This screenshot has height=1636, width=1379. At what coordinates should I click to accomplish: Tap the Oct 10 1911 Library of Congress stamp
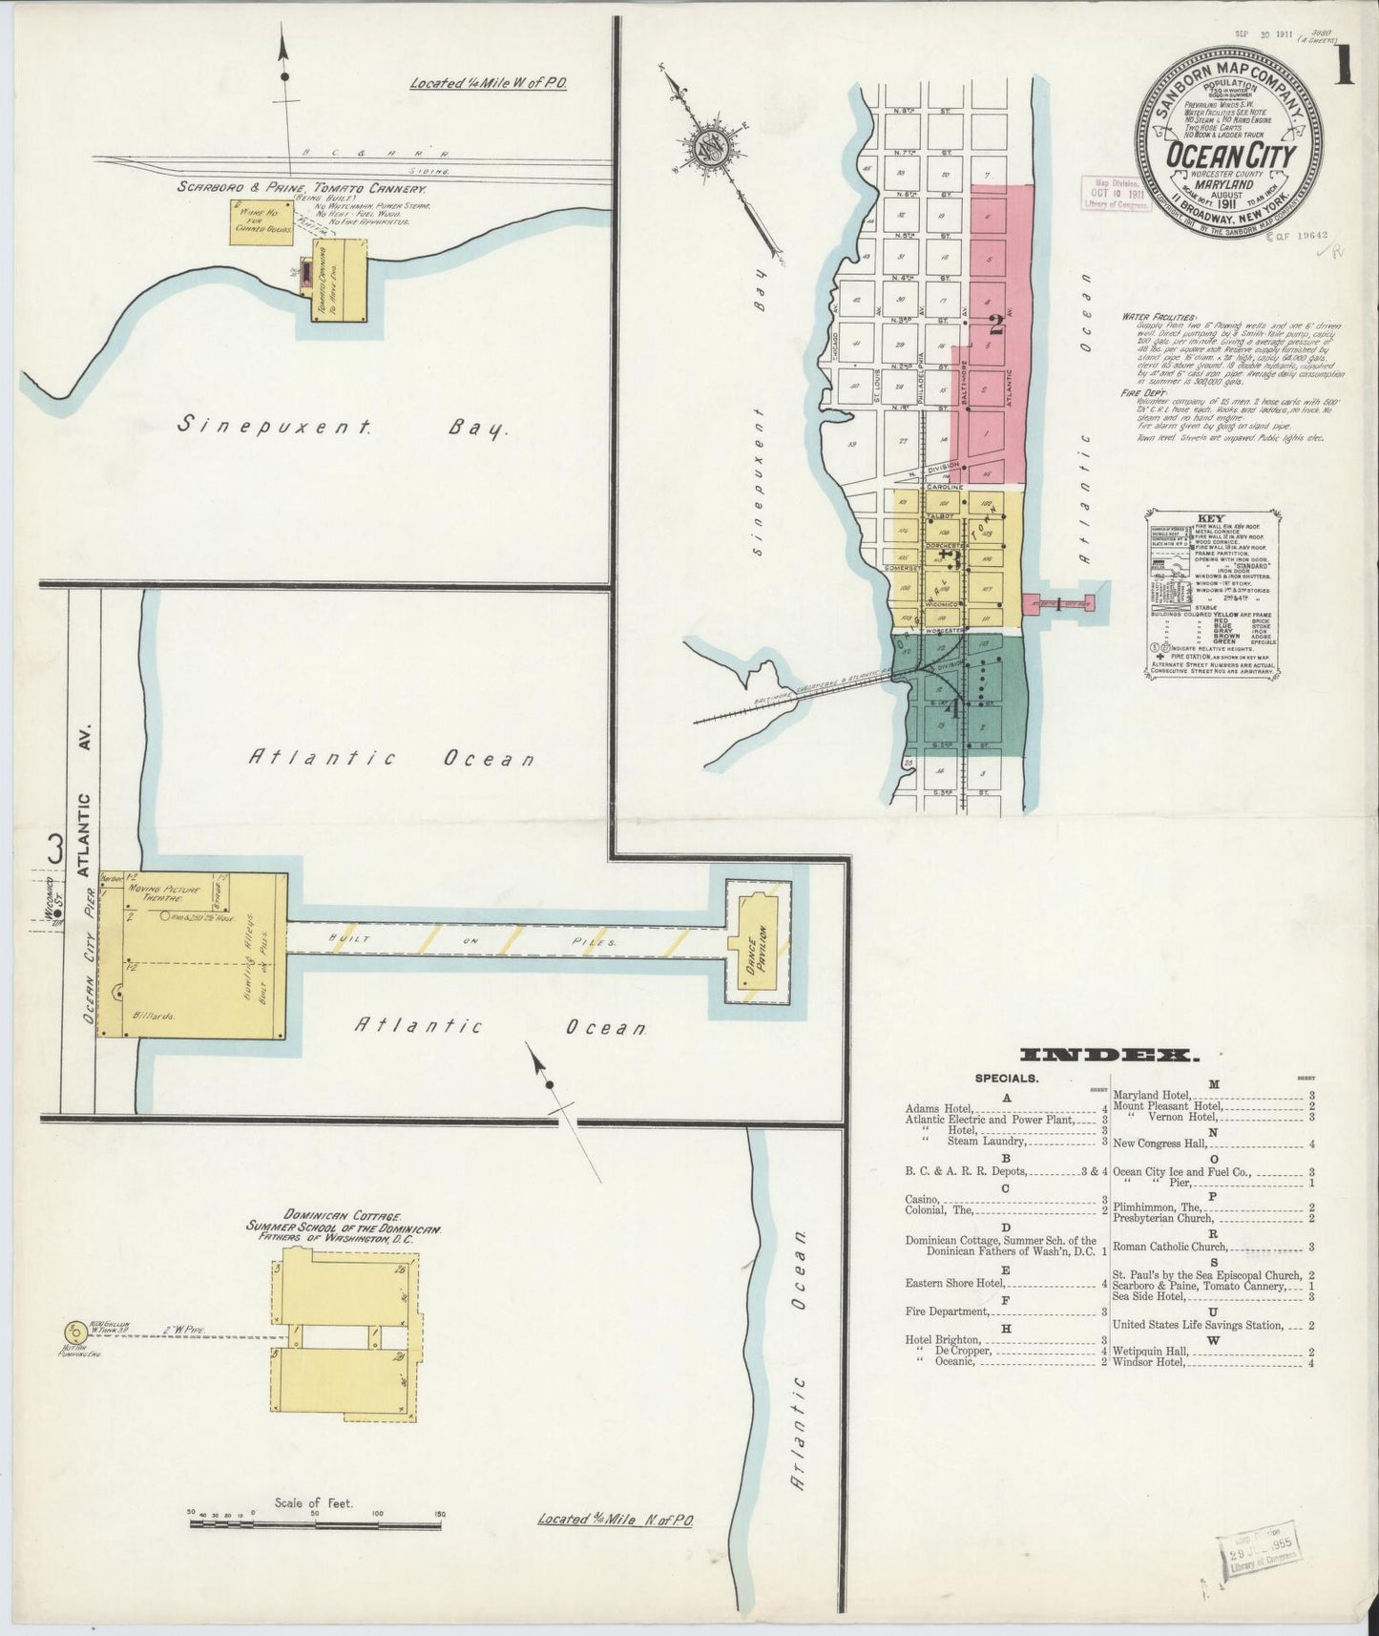(1114, 196)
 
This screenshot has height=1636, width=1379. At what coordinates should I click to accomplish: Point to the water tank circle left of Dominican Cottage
(73, 1332)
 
